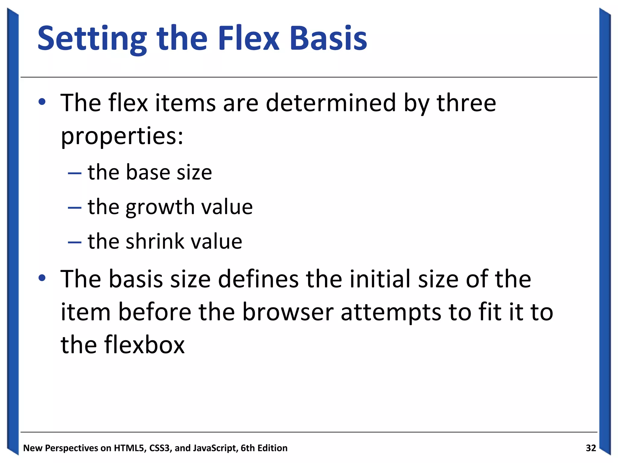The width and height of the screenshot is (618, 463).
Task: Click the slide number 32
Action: coord(591,448)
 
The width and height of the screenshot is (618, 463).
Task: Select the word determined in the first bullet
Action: coord(330,103)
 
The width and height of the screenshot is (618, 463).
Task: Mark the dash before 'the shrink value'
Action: coord(75,242)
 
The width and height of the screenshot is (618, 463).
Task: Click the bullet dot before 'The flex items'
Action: coord(42,102)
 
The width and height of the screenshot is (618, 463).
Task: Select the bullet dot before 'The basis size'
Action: coord(42,278)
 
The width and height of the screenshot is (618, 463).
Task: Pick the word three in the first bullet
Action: coord(466,103)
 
